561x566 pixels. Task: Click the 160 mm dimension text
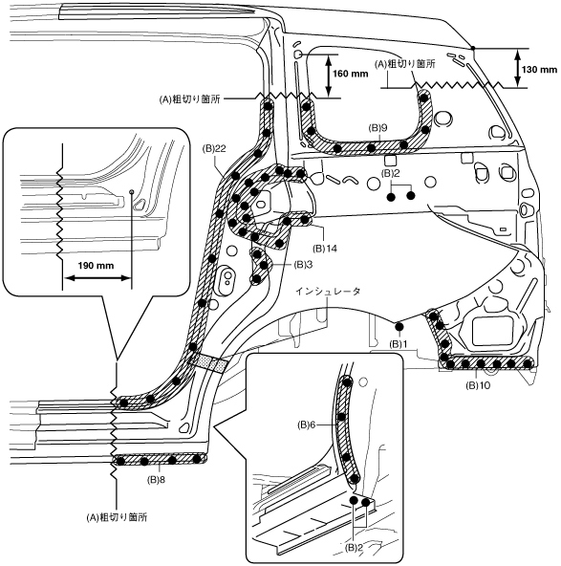351,74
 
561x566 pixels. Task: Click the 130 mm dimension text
539,70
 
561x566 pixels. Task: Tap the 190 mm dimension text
96,266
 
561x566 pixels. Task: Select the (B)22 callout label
214,149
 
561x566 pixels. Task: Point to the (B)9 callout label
378,128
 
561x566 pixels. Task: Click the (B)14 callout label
325,249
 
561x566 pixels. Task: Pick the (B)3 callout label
303,265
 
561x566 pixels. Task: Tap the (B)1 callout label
399,344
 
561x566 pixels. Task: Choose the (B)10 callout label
479,385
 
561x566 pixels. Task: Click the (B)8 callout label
157,480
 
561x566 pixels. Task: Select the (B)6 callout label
306,425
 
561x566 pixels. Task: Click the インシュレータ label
328,292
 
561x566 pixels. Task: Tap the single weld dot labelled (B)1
399,327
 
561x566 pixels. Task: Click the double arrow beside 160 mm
329,76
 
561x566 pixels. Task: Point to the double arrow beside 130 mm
518,68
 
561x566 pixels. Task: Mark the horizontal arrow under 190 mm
97,278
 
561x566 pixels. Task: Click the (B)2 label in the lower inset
354,548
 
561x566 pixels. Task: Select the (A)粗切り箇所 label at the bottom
117,517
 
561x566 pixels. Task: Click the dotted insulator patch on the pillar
209,362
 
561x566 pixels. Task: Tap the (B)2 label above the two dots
391,174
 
